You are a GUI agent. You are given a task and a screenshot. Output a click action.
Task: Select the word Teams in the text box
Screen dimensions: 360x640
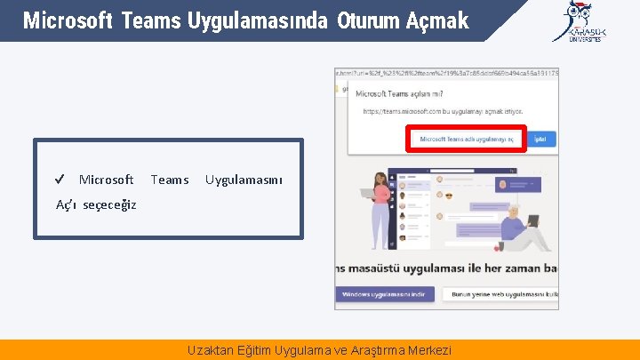169,180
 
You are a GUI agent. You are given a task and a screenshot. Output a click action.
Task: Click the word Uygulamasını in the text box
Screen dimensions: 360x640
244,180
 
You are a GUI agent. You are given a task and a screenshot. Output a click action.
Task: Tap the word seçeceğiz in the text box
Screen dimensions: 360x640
109,204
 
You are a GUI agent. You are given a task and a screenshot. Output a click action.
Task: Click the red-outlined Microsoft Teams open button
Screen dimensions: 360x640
467,139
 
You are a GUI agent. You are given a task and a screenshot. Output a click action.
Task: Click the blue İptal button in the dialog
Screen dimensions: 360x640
543,139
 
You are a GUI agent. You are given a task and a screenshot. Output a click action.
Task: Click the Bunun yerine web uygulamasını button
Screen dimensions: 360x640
502,294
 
